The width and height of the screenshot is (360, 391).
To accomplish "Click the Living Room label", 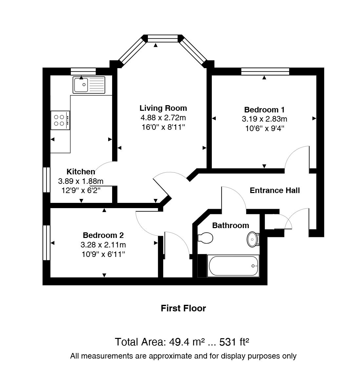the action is [163, 108].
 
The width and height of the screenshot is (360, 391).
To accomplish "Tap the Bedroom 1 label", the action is [264, 110].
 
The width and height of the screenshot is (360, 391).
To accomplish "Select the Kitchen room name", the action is [81, 171].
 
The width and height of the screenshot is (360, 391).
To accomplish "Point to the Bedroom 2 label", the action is [103, 235].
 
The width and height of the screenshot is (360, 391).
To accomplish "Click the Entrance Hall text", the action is [275, 190].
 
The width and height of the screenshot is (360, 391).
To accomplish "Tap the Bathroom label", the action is [230, 225].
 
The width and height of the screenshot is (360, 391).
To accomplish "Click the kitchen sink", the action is [89, 85].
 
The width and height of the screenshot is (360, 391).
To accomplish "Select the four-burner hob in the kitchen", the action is [60, 120].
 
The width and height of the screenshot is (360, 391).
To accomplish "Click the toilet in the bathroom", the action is [205, 238].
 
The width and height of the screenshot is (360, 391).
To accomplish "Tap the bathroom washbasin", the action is [253, 239].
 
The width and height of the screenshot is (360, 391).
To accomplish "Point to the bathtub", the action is [233, 266].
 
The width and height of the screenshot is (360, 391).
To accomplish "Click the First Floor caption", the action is [183, 308].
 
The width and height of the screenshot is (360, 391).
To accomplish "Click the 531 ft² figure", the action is [234, 342].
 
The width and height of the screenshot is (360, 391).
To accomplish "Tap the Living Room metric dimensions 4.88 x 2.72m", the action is [163, 118].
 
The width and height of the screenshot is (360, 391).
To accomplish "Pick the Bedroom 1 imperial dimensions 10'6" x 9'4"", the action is [265, 128].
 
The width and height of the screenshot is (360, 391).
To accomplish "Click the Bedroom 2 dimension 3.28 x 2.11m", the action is [103, 245].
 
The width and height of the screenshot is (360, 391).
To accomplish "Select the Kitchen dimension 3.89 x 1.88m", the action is [81, 181].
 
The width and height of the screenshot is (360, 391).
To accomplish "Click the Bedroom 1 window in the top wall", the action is [265, 71].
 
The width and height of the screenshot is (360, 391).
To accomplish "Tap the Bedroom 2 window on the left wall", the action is [47, 243].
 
